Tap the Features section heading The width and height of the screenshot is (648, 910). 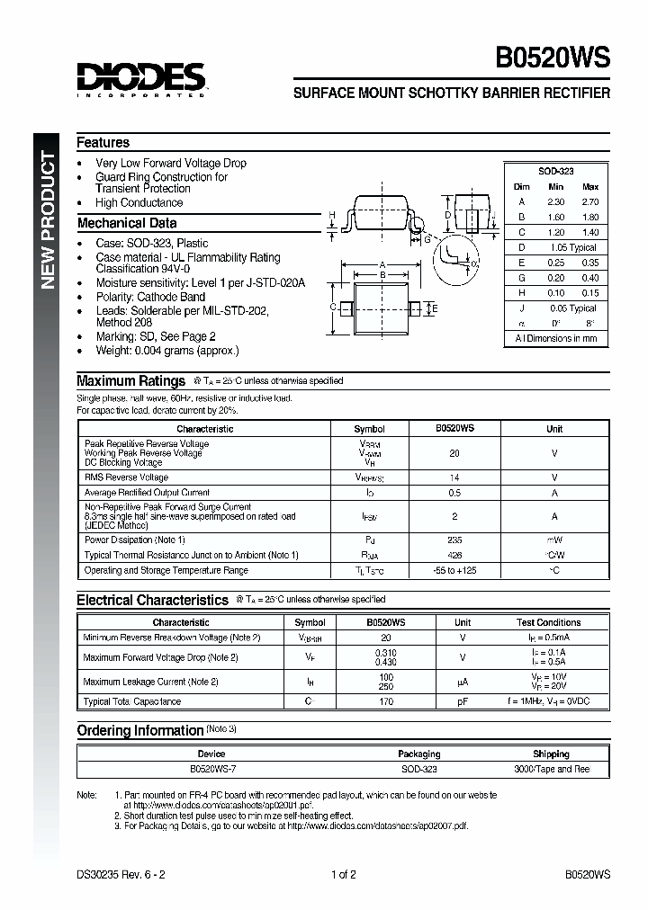coord(103,143)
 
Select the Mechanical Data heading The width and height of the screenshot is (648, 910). coord(127,223)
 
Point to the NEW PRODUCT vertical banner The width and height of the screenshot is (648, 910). coord(49,221)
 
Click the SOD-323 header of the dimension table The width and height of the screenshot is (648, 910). coord(555,171)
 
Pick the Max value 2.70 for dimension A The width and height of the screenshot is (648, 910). coord(589,201)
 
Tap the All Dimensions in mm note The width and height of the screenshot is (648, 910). coord(555,339)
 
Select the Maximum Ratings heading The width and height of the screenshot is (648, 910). coord(130,381)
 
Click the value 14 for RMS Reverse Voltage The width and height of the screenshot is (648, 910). coord(454,477)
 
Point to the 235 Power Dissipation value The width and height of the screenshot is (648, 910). coord(454,540)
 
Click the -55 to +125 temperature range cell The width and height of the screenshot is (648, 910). coord(454,571)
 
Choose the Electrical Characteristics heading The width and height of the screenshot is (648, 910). coord(152,600)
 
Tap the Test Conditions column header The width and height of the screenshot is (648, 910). coord(548,622)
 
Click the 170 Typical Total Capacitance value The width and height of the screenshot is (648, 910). coord(386,701)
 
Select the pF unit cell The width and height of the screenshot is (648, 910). coord(463,701)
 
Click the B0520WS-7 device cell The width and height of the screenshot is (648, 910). coord(211,770)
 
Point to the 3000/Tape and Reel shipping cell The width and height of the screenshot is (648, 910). coord(551,770)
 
